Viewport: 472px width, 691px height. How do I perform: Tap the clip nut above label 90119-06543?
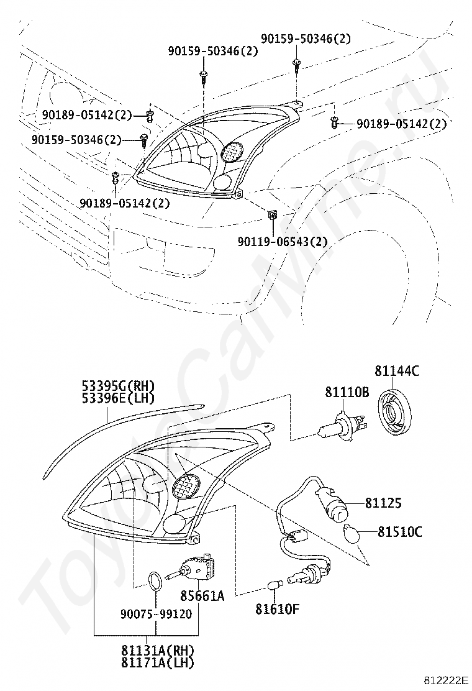(271, 215)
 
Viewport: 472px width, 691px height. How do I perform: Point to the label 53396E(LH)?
(119, 398)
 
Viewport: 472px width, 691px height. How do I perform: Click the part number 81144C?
(397, 372)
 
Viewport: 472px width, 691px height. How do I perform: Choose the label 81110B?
(347, 392)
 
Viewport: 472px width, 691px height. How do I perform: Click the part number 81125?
(383, 503)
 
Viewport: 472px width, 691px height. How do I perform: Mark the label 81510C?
(401, 531)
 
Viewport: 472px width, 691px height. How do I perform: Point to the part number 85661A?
(202, 596)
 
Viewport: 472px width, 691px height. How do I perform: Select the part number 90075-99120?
(156, 613)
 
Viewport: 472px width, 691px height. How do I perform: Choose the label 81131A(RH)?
(158, 650)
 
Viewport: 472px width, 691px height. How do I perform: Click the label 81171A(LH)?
(158, 663)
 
